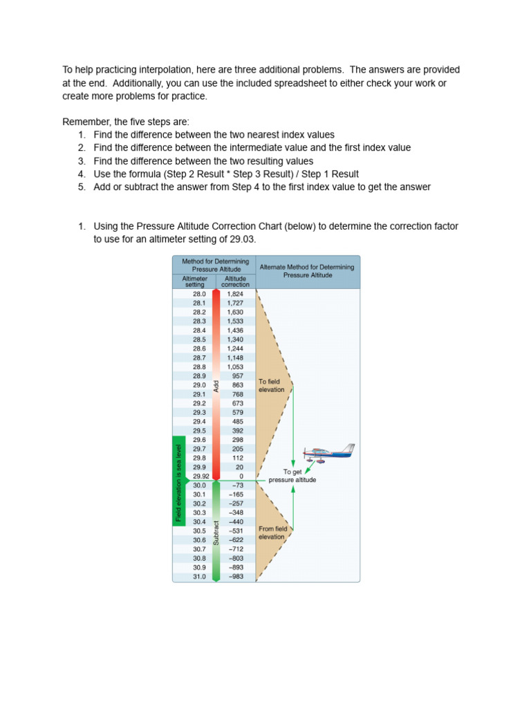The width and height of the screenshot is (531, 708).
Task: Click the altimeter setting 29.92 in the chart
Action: (x=200, y=476)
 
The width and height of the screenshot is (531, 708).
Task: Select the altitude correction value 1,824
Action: (x=235, y=294)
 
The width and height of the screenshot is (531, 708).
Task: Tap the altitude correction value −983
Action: (x=236, y=576)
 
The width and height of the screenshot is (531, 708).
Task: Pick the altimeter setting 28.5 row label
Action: (x=199, y=339)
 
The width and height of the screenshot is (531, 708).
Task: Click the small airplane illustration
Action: (x=329, y=453)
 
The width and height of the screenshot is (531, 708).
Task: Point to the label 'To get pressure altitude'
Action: (x=292, y=476)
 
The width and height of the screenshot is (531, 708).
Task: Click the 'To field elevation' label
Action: (x=272, y=385)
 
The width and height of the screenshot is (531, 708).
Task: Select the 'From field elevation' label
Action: (x=272, y=532)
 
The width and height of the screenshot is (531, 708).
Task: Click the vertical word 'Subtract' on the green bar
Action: (x=216, y=533)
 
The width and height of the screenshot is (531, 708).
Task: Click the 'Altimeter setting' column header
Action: (x=194, y=281)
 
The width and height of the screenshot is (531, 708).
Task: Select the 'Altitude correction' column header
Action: (x=235, y=281)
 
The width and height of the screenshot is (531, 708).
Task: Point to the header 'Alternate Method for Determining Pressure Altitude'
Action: (x=307, y=270)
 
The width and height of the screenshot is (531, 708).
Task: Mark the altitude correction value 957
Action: (x=238, y=376)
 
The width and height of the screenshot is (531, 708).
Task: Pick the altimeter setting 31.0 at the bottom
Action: (x=199, y=576)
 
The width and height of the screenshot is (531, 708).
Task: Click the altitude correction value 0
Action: (x=241, y=476)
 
